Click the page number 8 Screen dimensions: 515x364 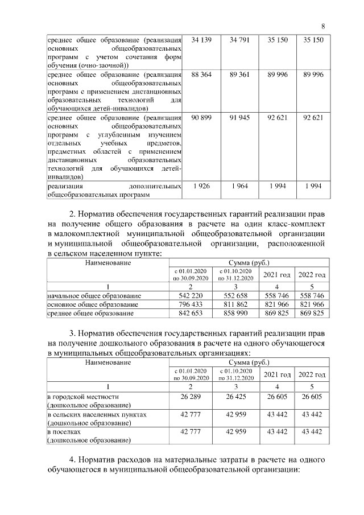(323, 26)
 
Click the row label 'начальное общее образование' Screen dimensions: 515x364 (94, 296)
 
